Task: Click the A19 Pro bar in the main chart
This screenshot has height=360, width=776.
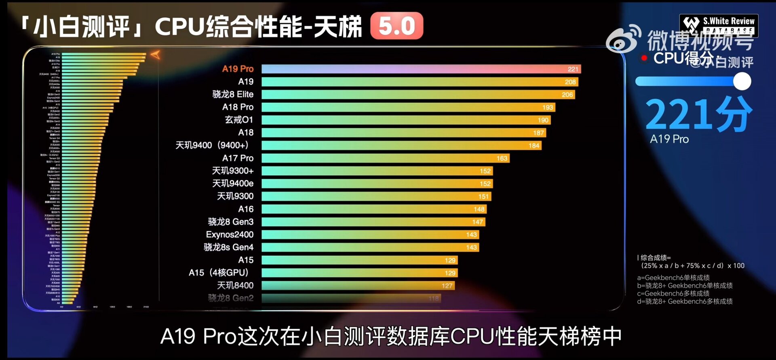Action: (x=420, y=69)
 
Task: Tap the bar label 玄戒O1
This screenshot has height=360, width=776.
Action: (x=239, y=120)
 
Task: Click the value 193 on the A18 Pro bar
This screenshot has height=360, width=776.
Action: (x=548, y=107)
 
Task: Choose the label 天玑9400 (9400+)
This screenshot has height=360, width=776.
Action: (x=212, y=145)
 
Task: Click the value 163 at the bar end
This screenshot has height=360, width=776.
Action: (x=502, y=158)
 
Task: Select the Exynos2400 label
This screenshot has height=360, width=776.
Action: (x=230, y=235)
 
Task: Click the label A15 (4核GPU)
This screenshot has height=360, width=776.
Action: (x=219, y=273)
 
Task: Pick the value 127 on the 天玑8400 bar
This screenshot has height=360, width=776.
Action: (x=447, y=286)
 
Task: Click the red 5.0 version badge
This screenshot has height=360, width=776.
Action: (x=396, y=26)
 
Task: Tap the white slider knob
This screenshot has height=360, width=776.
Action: (x=742, y=81)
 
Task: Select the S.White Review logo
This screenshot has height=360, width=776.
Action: (x=719, y=25)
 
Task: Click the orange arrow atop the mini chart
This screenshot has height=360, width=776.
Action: (x=155, y=55)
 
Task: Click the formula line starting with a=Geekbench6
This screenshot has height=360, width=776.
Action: (x=673, y=278)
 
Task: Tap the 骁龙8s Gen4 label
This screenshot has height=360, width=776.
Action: (x=228, y=247)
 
